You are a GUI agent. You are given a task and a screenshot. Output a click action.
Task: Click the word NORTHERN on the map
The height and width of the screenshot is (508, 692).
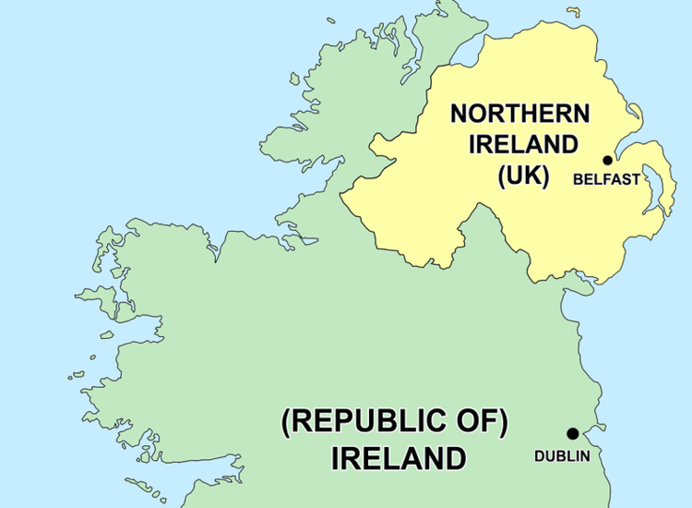tap(519, 115)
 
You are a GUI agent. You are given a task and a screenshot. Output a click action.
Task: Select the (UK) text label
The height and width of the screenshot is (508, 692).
tap(523, 175)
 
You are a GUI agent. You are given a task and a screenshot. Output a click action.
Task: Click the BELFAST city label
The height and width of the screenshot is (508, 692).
tap(606, 180)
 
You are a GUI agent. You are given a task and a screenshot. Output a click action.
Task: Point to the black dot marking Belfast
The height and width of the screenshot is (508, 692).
tap(607, 161)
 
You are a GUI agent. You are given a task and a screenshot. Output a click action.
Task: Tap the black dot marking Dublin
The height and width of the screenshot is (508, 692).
tap(572, 433)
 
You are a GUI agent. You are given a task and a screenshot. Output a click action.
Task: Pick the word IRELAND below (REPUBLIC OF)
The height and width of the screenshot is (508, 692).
tap(399, 457)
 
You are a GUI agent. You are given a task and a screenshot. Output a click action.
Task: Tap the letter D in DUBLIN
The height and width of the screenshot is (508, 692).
tap(540, 455)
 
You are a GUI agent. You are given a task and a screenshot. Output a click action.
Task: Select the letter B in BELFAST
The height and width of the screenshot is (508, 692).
tap(578, 180)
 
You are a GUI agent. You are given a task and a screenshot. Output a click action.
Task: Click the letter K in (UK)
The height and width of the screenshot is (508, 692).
tap(532, 175)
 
